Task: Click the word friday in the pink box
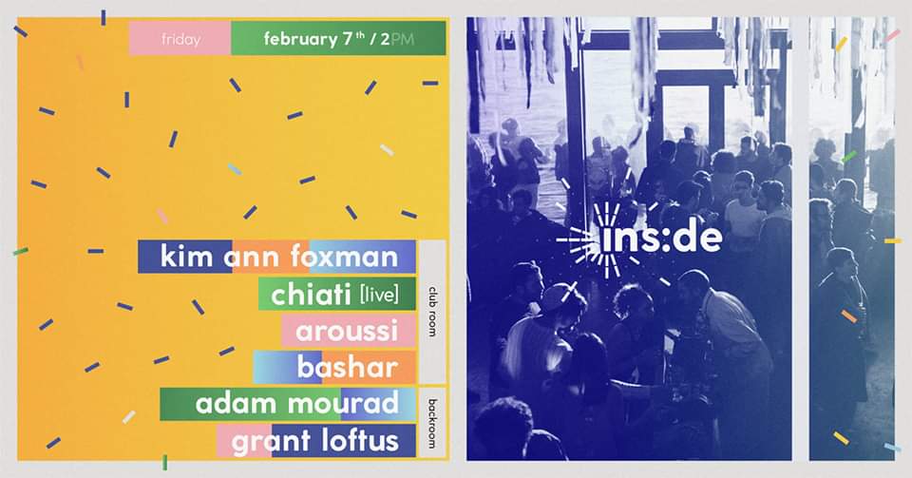coord(180,40)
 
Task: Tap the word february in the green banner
coord(299,40)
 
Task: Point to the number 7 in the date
coord(348,39)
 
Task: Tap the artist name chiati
coord(310,295)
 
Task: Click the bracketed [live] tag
coord(379,295)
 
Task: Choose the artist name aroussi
coord(347,332)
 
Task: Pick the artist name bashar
coord(348,367)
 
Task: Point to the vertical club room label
coord(432,311)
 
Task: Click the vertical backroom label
coord(432,423)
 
